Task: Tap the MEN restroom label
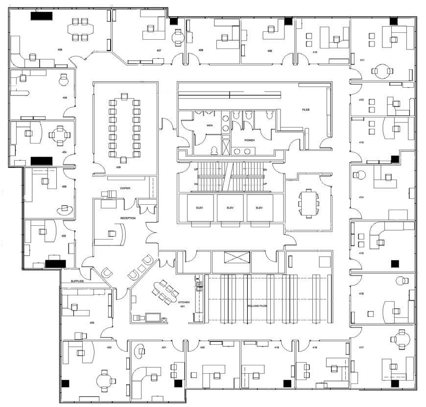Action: (x=210, y=125)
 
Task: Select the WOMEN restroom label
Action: (x=250, y=140)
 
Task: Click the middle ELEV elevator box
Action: (x=231, y=208)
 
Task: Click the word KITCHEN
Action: (x=184, y=303)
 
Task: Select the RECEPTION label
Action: (x=128, y=218)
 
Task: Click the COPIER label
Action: (x=125, y=188)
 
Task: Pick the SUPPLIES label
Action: (x=77, y=282)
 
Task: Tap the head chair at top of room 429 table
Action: (x=124, y=96)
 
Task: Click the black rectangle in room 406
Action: (x=42, y=16)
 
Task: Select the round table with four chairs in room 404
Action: (x=60, y=136)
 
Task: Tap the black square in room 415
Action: (x=395, y=263)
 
